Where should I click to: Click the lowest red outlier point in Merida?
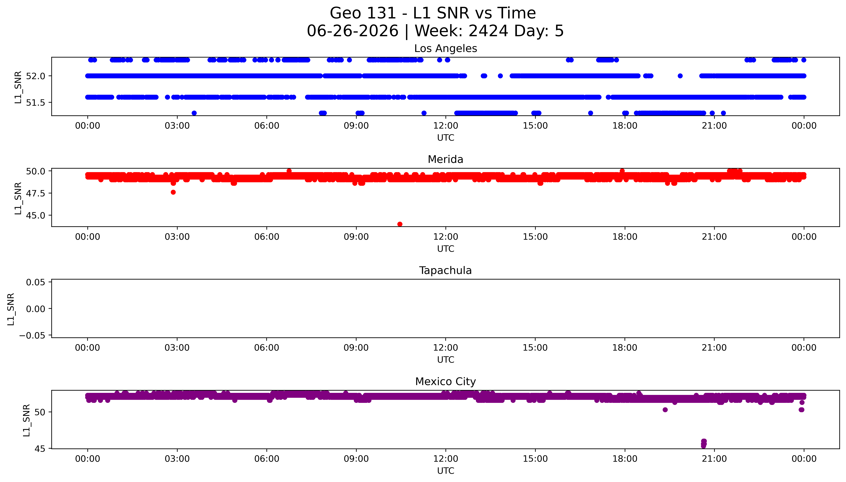click(400, 224)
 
